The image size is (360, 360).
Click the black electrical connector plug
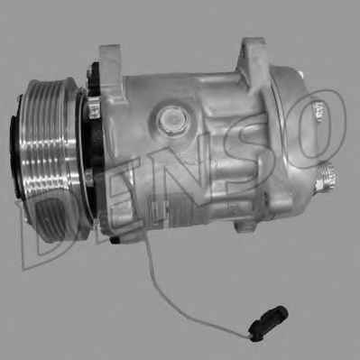[x=269, y=322]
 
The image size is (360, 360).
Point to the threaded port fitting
[x=327, y=178]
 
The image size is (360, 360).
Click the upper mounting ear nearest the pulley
[x=111, y=72]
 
